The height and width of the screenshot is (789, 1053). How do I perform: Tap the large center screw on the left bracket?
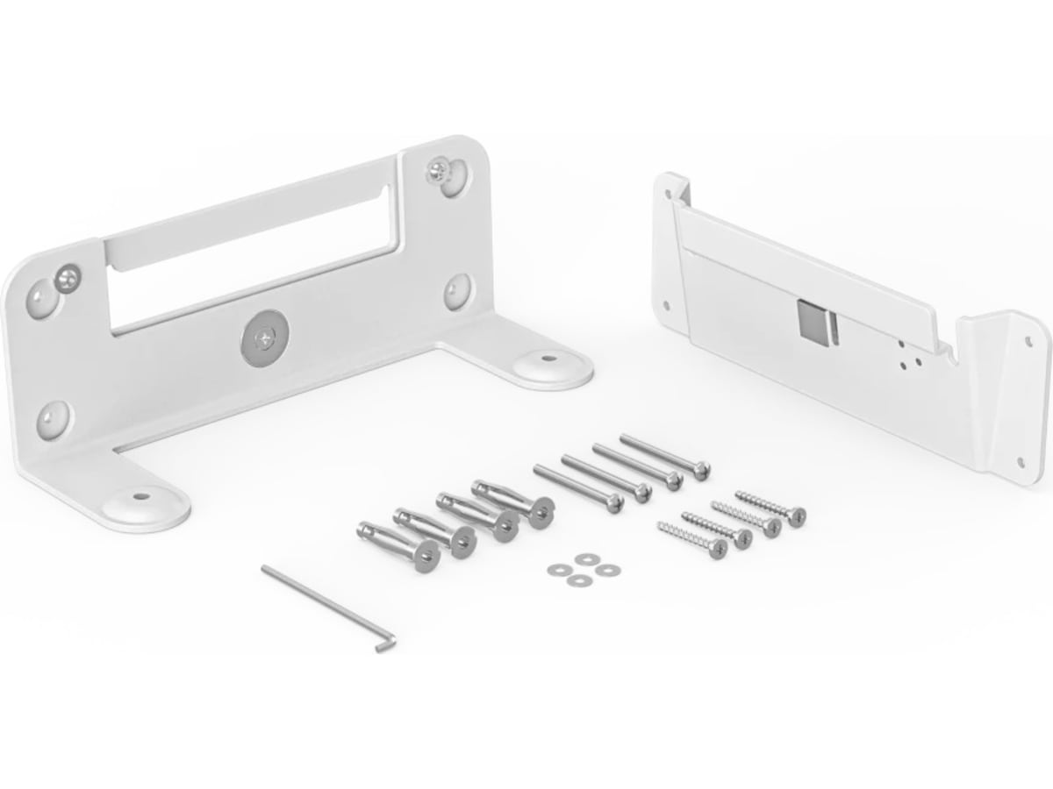click(x=261, y=336)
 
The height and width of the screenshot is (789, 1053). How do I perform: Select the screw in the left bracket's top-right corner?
click(x=439, y=167)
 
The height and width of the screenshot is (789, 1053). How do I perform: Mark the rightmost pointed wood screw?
click(x=768, y=507)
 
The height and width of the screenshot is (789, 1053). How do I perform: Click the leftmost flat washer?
click(x=555, y=570)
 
